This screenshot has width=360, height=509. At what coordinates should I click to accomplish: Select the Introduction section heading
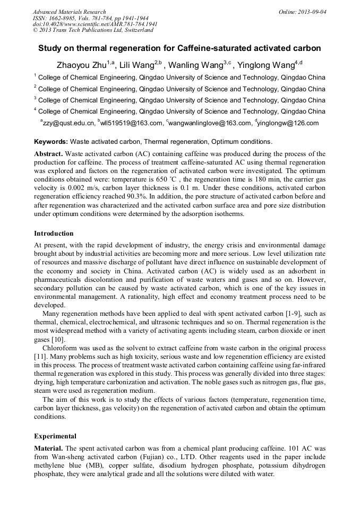click(54, 233)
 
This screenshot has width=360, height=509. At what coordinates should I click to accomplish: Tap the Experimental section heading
click(55, 436)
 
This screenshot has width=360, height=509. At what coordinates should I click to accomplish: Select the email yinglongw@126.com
click(289, 123)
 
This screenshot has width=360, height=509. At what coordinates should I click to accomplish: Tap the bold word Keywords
click(50, 142)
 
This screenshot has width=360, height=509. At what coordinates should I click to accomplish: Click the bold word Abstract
click(48, 153)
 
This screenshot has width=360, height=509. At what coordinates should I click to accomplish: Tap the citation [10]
click(58, 339)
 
